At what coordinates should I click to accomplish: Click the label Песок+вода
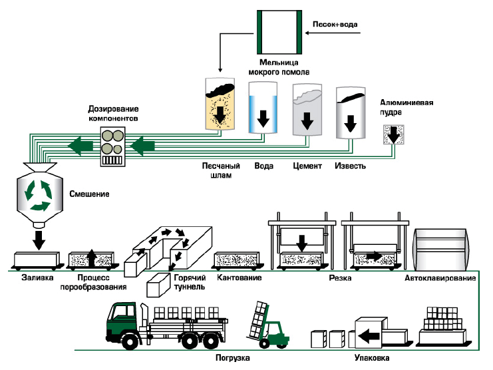(335, 25)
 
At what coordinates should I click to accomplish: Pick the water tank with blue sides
(263, 110)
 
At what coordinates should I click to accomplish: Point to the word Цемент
(307, 166)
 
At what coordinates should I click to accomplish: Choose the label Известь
(351, 166)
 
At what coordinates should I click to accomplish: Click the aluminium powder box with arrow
(394, 135)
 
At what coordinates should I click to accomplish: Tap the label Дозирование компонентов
(114, 113)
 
